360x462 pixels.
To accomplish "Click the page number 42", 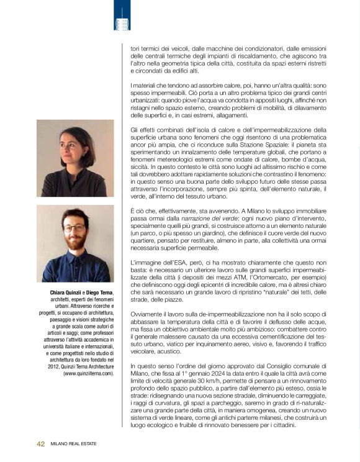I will point(40,444).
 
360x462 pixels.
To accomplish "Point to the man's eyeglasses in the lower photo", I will point(74,228).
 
